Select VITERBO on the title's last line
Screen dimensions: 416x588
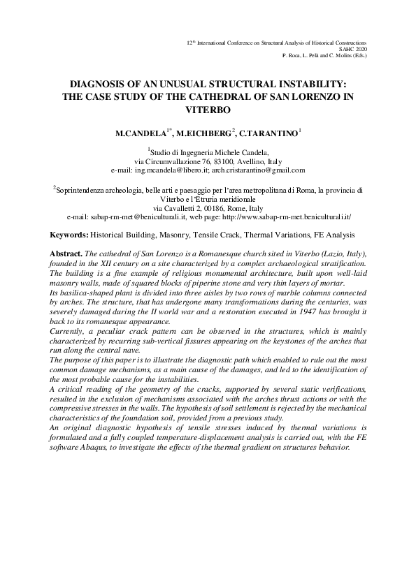(208, 110)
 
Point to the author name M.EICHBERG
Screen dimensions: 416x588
(203, 132)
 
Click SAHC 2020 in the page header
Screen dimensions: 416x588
(352, 49)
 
